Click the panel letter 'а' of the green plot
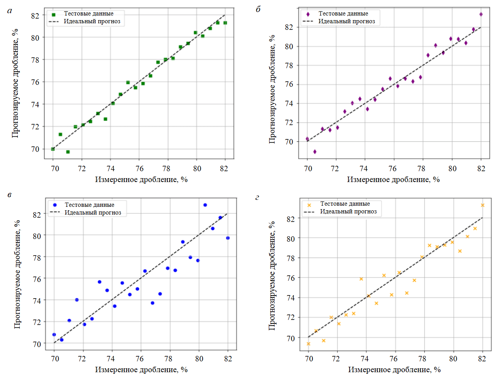(x=10, y=11)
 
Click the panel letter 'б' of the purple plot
(x=258, y=9)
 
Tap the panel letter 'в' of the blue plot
(x=9, y=194)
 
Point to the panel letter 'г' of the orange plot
(x=257, y=198)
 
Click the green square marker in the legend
(x=54, y=15)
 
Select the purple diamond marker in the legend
(x=308, y=14)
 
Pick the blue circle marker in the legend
(x=55, y=205)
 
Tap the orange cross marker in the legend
(x=309, y=205)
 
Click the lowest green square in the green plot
(x=68, y=152)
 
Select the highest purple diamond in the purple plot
(x=481, y=14)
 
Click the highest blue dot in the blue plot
(x=205, y=205)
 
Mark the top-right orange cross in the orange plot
(x=483, y=205)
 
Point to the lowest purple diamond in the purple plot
(x=315, y=152)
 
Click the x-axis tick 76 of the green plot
(x=139, y=168)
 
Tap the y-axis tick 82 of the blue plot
(x=37, y=215)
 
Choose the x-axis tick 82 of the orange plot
(x=482, y=359)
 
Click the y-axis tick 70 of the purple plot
(x=289, y=142)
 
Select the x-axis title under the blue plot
(x=141, y=369)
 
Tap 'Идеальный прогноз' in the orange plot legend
(x=348, y=211)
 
